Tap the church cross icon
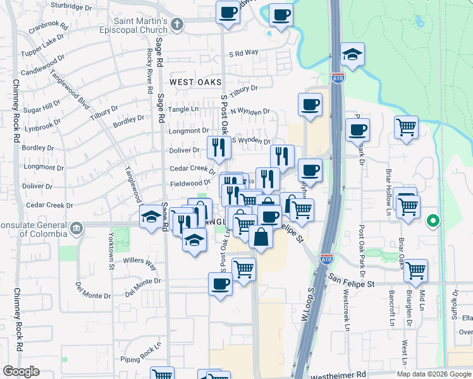click(176, 25)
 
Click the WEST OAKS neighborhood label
click(195, 82)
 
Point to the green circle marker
click(433, 221)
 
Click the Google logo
click(21, 371)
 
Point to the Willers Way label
click(140, 260)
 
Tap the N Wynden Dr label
click(250, 112)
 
